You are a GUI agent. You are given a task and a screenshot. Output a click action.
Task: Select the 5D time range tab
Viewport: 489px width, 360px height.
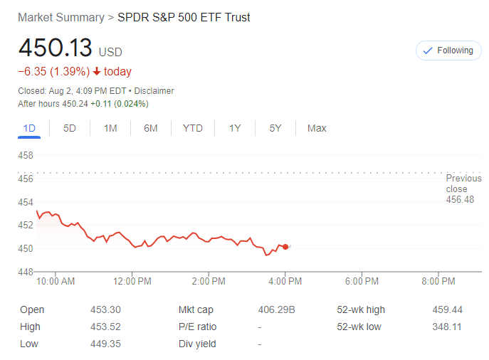(x=70, y=128)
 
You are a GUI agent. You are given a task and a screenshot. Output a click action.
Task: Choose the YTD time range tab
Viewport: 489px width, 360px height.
(x=192, y=128)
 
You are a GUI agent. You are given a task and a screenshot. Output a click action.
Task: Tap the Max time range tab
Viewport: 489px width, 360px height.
(x=317, y=128)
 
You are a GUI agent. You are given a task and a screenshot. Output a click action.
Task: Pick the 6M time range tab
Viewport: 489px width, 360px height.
(x=150, y=128)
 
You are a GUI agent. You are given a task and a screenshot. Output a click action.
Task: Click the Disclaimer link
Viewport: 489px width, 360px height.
(x=154, y=91)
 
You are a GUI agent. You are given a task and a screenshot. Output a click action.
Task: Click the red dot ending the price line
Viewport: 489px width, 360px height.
(x=285, y=247)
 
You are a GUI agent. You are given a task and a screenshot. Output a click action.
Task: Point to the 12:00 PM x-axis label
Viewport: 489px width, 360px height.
(x=132, y=281)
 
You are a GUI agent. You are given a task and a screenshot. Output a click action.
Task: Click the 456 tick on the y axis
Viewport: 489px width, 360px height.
(x=26, y=179)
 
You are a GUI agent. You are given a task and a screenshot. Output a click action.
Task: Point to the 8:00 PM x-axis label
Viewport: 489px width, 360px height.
(x=438, y=281)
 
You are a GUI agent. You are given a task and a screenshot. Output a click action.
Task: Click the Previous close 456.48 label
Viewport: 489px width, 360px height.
(x=463, y=189)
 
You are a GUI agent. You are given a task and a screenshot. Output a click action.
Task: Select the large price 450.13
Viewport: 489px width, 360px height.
(x=56, y=48)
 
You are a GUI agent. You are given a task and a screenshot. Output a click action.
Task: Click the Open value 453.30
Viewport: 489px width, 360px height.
(x=106, y=309)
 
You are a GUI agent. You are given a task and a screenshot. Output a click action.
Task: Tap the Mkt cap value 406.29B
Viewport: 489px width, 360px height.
(x=275, y=309)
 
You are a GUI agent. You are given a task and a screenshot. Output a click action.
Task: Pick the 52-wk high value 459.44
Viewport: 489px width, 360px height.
(x=447, y=309)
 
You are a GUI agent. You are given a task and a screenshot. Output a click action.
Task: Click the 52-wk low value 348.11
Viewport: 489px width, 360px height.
(x=447, y=327)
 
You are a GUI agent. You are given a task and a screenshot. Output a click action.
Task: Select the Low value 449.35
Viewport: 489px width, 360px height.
(x=106, y=344)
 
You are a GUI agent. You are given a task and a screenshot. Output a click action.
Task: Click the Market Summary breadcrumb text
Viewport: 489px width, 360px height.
(x=61, y=17)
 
